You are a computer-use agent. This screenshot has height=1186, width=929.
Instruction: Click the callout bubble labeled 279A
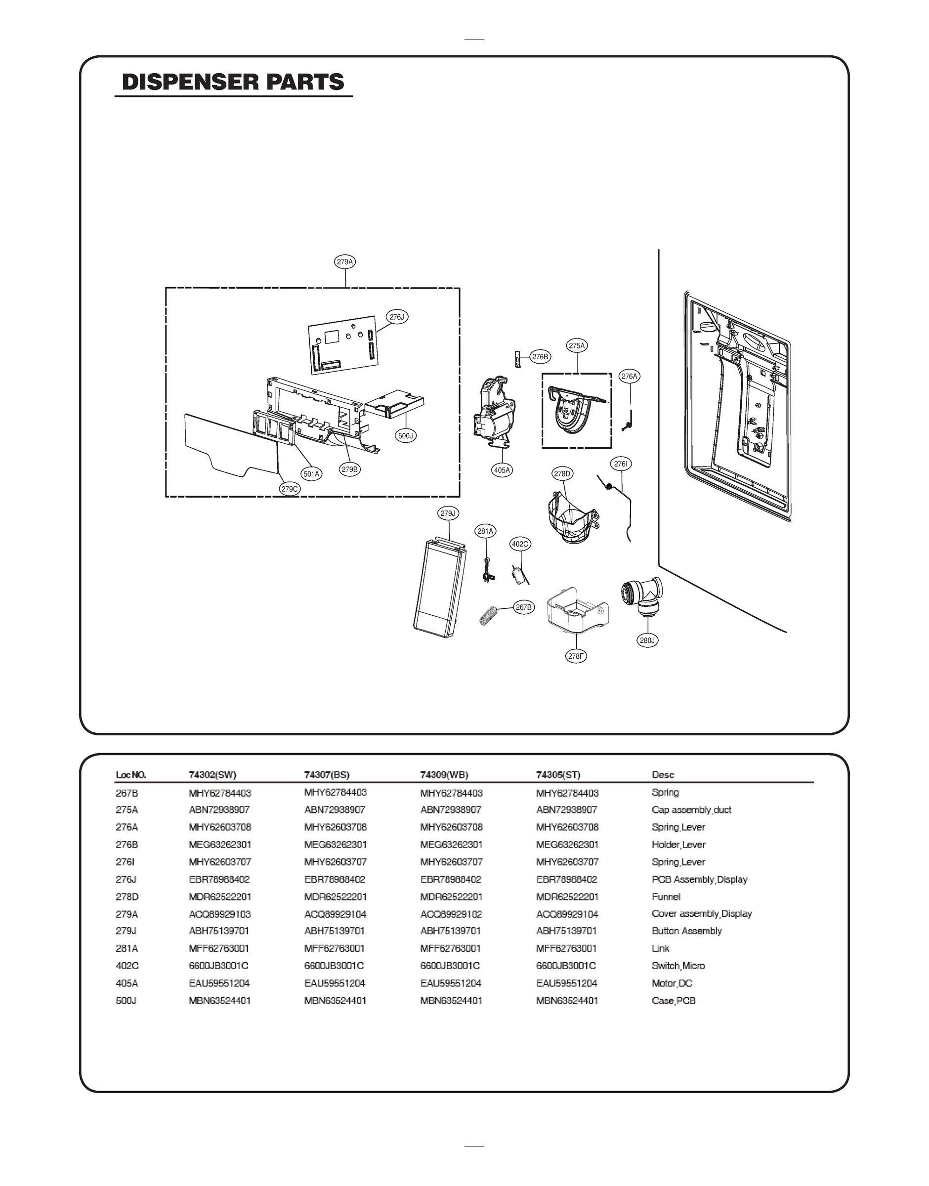(x=345, y=262)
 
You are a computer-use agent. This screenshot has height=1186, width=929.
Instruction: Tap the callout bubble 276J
(x=398, y=317)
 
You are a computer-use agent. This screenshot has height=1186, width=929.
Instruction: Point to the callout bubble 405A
(x=502, y=470)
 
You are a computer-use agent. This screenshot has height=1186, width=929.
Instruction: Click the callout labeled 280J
(x=647, y=640)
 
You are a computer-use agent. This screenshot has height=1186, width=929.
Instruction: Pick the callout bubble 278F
(x=576, y=656)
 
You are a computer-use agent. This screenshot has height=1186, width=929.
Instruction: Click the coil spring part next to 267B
(x=490, y=616)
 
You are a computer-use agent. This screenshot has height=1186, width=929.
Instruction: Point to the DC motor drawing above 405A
(x=494, y=413)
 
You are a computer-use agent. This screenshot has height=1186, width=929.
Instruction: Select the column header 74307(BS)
(x=327, y=775)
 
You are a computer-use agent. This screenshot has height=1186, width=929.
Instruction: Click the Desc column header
(x=663, y=775)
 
